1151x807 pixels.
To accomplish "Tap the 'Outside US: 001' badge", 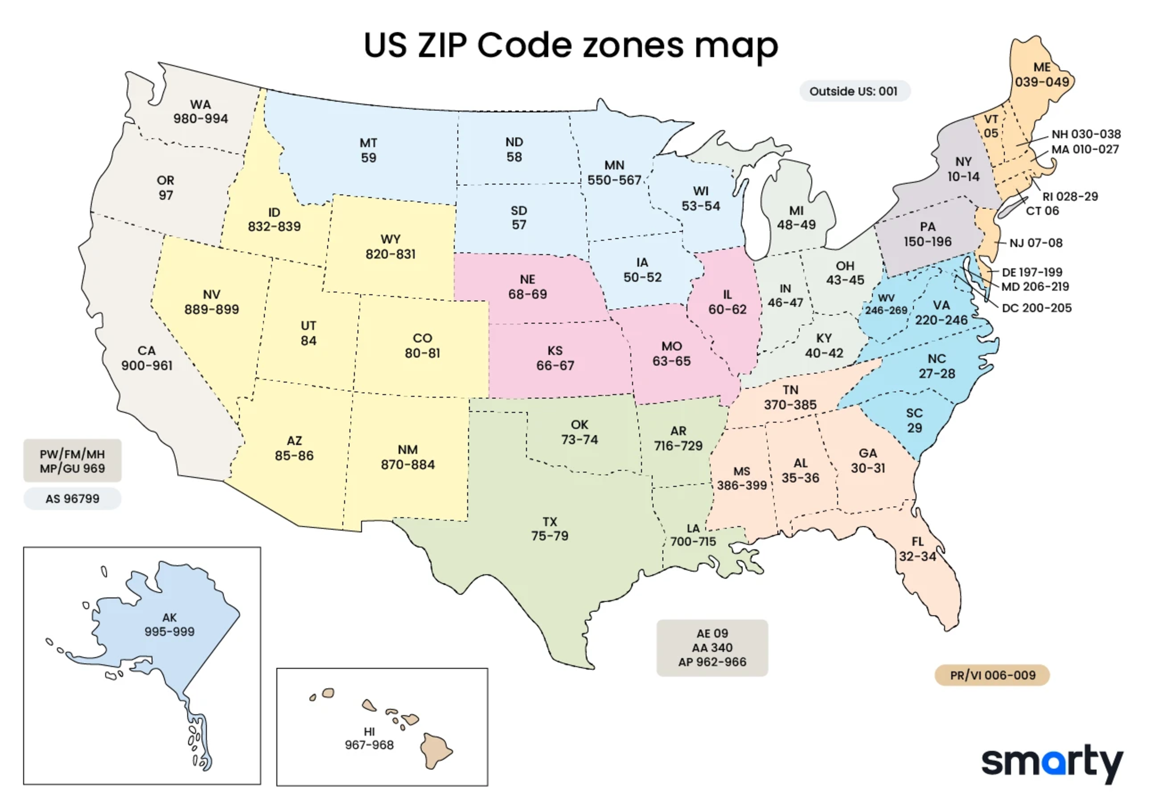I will pyautogui.click(x=854, y=91).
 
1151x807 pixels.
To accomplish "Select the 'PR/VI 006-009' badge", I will pyautogui.click(x=992, y=675).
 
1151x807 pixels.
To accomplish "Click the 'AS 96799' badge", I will pyautogui.click(x=73, y=499).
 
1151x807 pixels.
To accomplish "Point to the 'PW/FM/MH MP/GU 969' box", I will pyautogui.click(x=73, y=461).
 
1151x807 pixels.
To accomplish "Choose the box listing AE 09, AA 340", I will pyautogui.click(x=712, y=648).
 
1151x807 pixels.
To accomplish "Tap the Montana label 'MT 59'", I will pyautogui.click(x=368, y=150).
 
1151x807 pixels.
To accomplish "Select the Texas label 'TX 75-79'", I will pyautogui.click(x=549, y=529).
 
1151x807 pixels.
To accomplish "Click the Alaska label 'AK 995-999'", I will pyautogui.click(x=169, y=625).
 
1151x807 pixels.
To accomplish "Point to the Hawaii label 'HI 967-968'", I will pyautogui.click(x=369, y=738).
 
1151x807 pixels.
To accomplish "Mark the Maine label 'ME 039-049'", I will pyautogui.click(x=1042, y=75).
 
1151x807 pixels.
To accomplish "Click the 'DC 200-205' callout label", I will pyautogui.click(x=1036, y=308).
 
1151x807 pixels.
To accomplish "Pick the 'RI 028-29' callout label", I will pyautogui.click(x=1070, y=197).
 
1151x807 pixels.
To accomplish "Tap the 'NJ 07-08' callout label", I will pyautogui.click(x=1035, y=243).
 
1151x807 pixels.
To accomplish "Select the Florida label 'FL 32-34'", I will pyautogui.click(x=918, y=549).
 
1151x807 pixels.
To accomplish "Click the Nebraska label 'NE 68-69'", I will pyautogui.click(x=527, y=287).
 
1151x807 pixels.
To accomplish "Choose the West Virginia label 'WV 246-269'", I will pyautogui.click(x=886, y=305).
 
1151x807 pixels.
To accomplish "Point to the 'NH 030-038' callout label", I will pyautogui.click(x=1086, y=134).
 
